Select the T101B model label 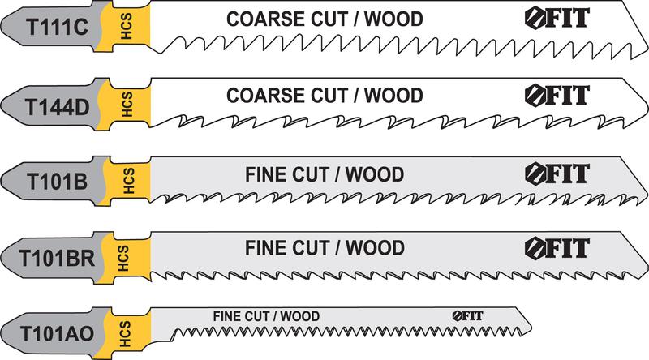pyautogui.click(x=51, y=179)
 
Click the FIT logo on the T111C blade pyautogui.click(x=549, y=19)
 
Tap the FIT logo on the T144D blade pyautogui.click(x=549, y=94)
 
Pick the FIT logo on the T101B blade pyautogui.click(x=549, y=174)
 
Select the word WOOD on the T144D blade pyautogui.click(x=393, y=96)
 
